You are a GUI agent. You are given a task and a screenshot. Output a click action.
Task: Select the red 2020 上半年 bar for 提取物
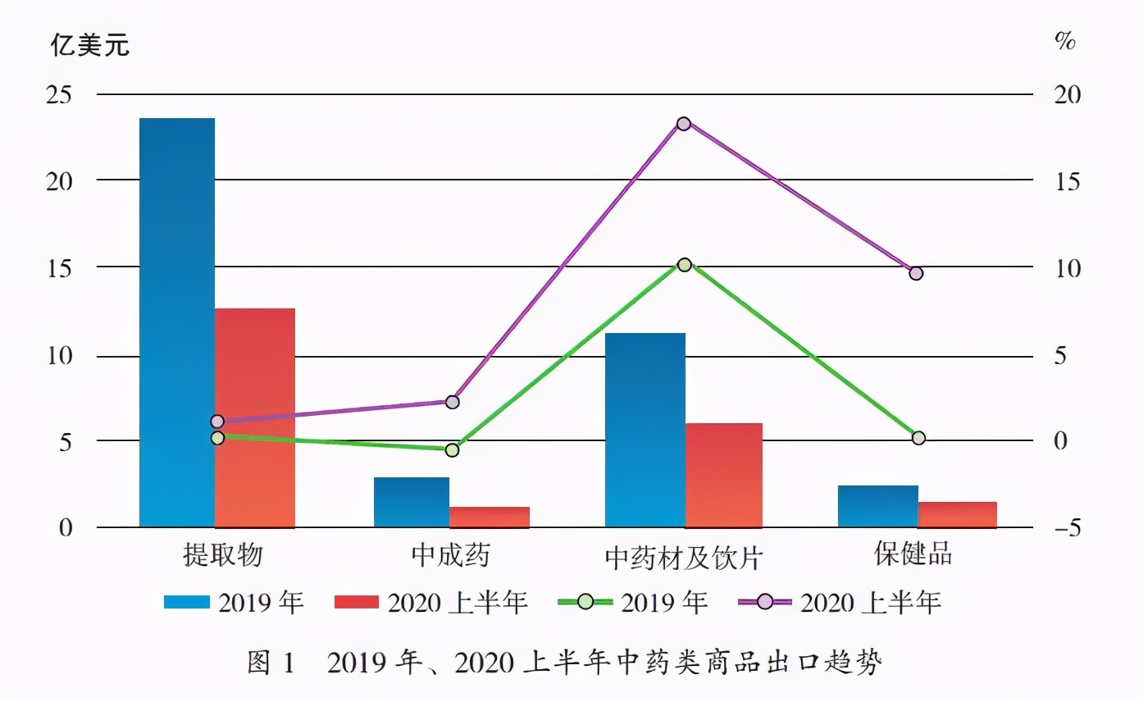pos(255,417)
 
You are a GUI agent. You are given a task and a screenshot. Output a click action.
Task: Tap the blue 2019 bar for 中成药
pos(412,502)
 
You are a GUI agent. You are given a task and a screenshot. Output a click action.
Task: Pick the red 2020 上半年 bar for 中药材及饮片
pos(724,475)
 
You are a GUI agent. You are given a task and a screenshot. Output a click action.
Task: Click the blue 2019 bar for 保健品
pos(878,506)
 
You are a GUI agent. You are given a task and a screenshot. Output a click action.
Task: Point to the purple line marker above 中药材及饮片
pos(684,124)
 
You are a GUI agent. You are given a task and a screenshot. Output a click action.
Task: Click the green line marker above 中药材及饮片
pos(685,265)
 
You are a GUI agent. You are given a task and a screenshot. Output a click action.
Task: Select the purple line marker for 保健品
pos(916,273)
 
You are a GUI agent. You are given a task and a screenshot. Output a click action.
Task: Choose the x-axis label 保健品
pos(913,554)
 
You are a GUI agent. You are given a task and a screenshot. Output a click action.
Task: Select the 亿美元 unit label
pos(90,46)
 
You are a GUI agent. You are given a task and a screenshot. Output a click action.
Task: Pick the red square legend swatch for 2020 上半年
pos(357,602)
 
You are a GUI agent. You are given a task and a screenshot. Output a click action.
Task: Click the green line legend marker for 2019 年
pos(585,602)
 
